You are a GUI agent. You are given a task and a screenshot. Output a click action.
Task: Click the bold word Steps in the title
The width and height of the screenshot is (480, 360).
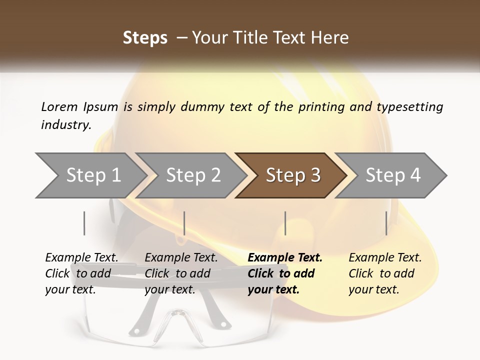point(145,38)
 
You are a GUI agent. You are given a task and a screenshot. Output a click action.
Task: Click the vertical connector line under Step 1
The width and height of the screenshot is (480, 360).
point(84,223)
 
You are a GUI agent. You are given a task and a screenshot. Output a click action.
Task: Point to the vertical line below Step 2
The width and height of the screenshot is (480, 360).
point(184,223)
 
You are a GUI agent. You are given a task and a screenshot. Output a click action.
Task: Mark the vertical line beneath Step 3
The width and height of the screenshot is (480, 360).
point(285,223)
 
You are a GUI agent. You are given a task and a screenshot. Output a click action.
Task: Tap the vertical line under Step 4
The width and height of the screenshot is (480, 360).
point(386,223)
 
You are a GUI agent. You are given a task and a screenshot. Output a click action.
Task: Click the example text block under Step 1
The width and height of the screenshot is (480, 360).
point(81,273)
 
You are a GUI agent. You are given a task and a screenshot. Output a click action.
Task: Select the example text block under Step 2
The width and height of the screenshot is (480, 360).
point(181,273)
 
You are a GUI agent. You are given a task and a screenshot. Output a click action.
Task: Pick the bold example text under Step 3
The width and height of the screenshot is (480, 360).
point(285,273)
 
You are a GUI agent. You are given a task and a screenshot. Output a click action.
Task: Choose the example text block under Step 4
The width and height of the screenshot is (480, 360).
point(385,273)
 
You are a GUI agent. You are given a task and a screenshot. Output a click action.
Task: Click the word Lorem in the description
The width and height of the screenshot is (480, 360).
point(59,107)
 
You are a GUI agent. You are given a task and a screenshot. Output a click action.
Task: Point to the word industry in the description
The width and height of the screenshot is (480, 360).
point(66,125)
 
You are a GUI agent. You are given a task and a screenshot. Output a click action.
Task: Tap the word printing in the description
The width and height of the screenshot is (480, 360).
point(321,107)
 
